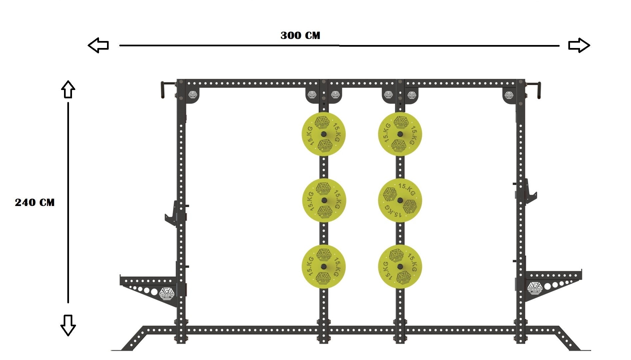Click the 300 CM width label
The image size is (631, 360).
[300, 35]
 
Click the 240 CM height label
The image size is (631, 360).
[35, 202]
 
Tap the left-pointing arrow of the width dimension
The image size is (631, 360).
[98, 45]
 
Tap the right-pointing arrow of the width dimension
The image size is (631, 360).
[579, 45]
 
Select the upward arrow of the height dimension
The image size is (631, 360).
[68, 89]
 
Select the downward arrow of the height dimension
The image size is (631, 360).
[68, 325]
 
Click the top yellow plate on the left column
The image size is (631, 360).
[323, 134]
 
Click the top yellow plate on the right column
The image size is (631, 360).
[400, 134]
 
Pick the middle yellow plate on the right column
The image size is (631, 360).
[400, 200]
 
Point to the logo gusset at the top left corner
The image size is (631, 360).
[193, 96]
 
